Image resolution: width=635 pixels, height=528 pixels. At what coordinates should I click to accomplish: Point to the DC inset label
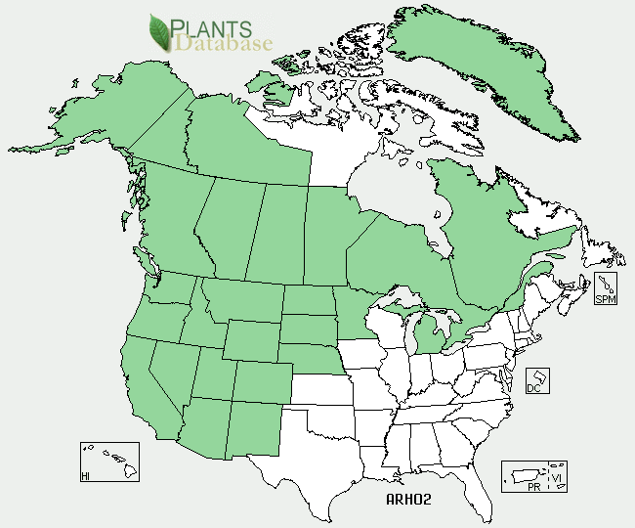tap(533, 387)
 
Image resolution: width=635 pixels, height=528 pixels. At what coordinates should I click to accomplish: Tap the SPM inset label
tap(606, 298)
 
